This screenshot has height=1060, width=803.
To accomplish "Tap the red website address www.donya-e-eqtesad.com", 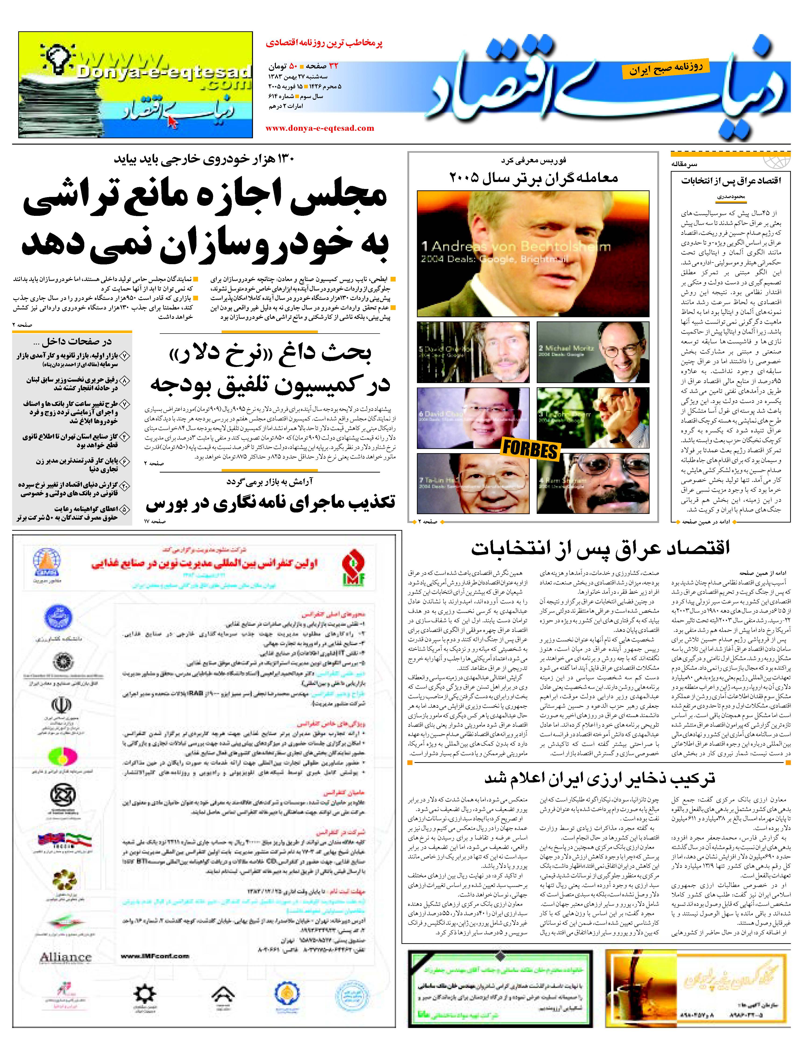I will pos(320,128).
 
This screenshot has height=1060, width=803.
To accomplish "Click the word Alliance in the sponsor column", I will pos(65,957).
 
